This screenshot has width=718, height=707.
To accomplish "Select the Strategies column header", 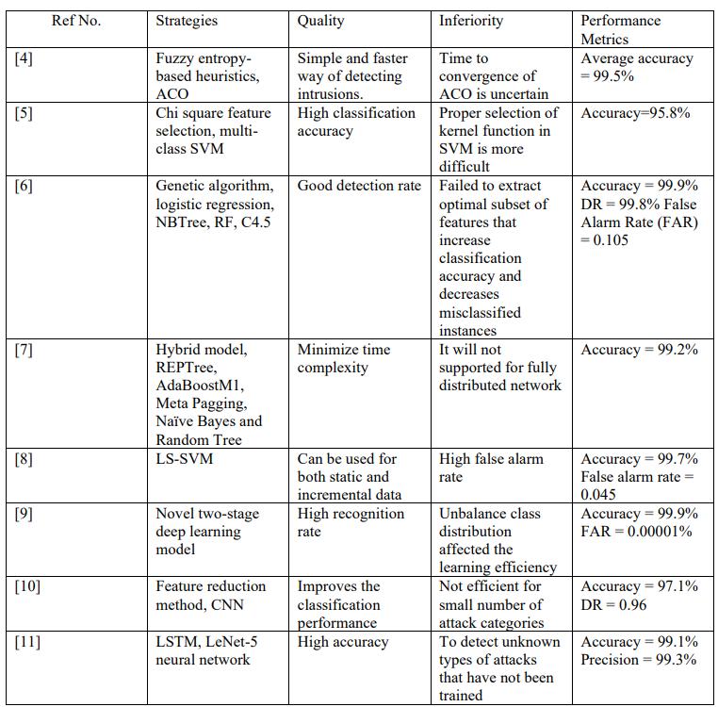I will [186, 20].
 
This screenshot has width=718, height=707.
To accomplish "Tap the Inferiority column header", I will [471, 20].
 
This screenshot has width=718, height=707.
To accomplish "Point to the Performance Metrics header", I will [621, 29].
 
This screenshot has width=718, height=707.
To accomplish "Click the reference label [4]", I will [24, 58].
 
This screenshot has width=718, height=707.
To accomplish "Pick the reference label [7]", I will [24, 350].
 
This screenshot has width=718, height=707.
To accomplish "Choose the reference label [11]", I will [28, 642].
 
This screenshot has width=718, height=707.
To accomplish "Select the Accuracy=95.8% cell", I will [635, 113].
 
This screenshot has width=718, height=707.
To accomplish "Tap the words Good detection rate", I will [359, 186].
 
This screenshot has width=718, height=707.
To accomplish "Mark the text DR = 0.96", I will [613, 604].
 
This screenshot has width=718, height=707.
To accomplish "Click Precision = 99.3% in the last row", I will [639, 660].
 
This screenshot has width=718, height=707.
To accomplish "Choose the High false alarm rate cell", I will [491, 468].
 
